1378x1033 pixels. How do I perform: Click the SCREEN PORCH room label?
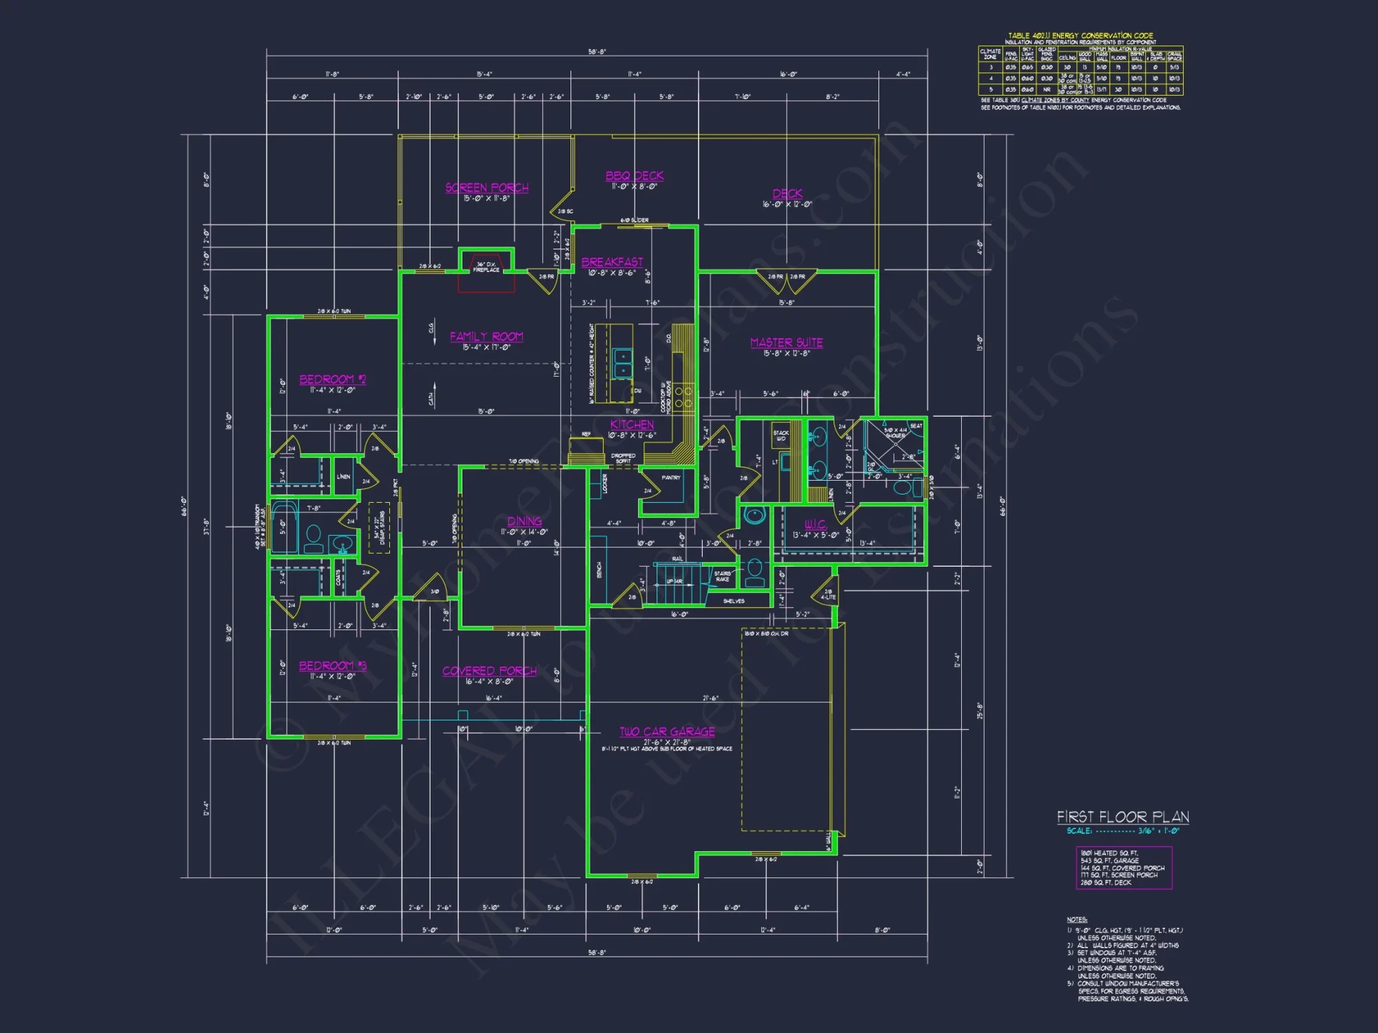(486, 188)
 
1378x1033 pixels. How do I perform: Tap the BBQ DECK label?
(635, 176)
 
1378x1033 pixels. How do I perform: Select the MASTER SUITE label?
(786, 343)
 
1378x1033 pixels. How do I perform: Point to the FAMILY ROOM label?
(486, 337)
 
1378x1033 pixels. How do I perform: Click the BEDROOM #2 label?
(333, 379)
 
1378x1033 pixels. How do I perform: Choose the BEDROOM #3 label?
(333, 666)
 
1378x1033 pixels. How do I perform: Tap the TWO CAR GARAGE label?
(667, 732)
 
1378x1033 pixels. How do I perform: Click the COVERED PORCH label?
(489, 671)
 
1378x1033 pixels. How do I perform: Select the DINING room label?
(524, 521)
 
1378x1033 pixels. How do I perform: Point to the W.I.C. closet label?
(816, 525)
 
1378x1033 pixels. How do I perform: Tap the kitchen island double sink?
(622, 363)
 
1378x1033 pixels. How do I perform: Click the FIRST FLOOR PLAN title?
(1123, 817)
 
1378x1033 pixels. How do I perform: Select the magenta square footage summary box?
(1124, 868)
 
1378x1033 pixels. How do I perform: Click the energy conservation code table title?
(1080, 36)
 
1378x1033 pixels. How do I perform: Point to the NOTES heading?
(1077, 919)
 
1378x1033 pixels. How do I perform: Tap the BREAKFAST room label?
(612, 262)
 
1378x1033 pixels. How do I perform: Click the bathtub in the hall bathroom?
(284, 528)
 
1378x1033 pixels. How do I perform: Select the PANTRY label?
(670, 477)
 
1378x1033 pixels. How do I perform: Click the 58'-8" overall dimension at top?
(597, 52)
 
